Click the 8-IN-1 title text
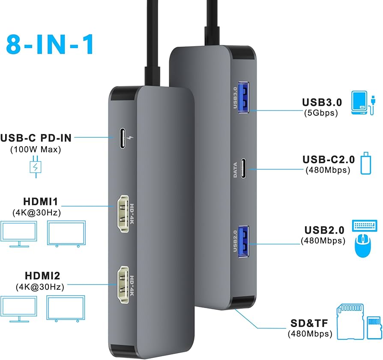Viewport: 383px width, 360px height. pos(50,42)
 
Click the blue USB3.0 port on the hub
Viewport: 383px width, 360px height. pos(243,100)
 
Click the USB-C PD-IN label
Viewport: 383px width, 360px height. pos(36,138)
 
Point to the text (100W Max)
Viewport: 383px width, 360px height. pos(36,150)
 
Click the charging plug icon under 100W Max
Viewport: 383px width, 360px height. pos(36,168)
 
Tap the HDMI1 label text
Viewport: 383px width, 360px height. pos(40,201)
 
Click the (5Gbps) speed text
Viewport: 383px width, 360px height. pos(321,113)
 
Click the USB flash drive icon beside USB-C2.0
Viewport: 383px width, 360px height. pos(365,163)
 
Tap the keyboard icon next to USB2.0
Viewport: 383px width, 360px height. pos(365,226)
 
